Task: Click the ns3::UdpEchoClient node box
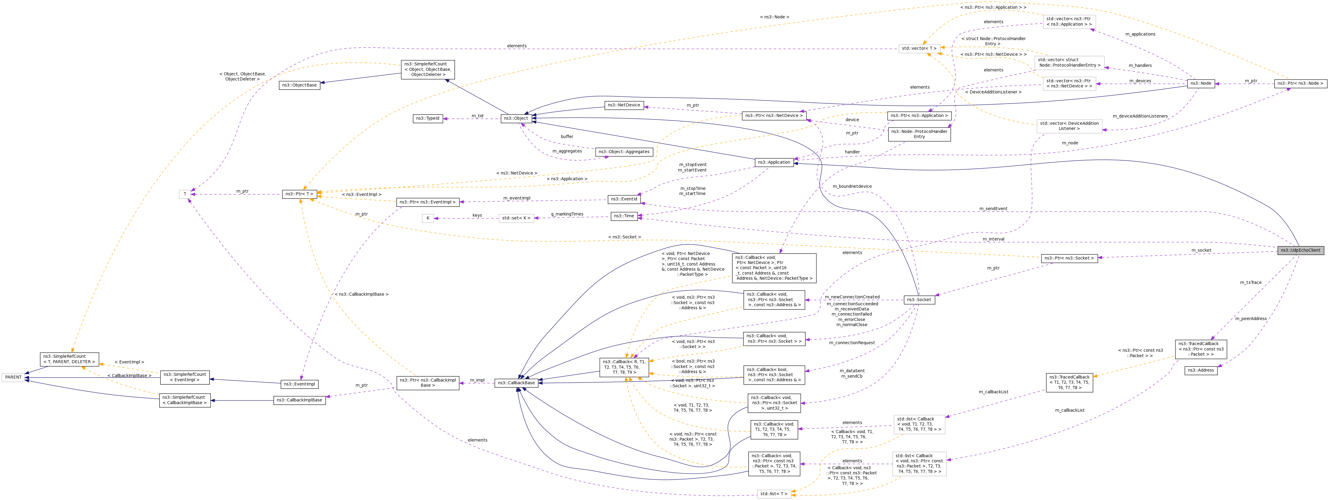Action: (1300, 250)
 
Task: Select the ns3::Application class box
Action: (774, 162)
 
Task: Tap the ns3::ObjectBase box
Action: (299, 85)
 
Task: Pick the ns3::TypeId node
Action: (428, 118)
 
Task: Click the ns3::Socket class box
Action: (919, 300)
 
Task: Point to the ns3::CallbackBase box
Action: (516, 383)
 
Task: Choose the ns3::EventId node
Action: (624, 199)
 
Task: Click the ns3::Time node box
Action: (624, 216)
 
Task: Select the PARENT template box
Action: (13, 377)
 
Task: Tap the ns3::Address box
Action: (1200, 371)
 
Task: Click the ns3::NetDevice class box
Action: (623, 105)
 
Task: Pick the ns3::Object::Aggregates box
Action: (624, 152)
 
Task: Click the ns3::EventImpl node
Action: (299, 384)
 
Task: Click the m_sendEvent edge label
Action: (993, 209)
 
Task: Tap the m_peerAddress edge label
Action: (1251, 319)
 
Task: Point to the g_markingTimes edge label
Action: (567, 214)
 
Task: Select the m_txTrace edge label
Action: (1251, 282)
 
